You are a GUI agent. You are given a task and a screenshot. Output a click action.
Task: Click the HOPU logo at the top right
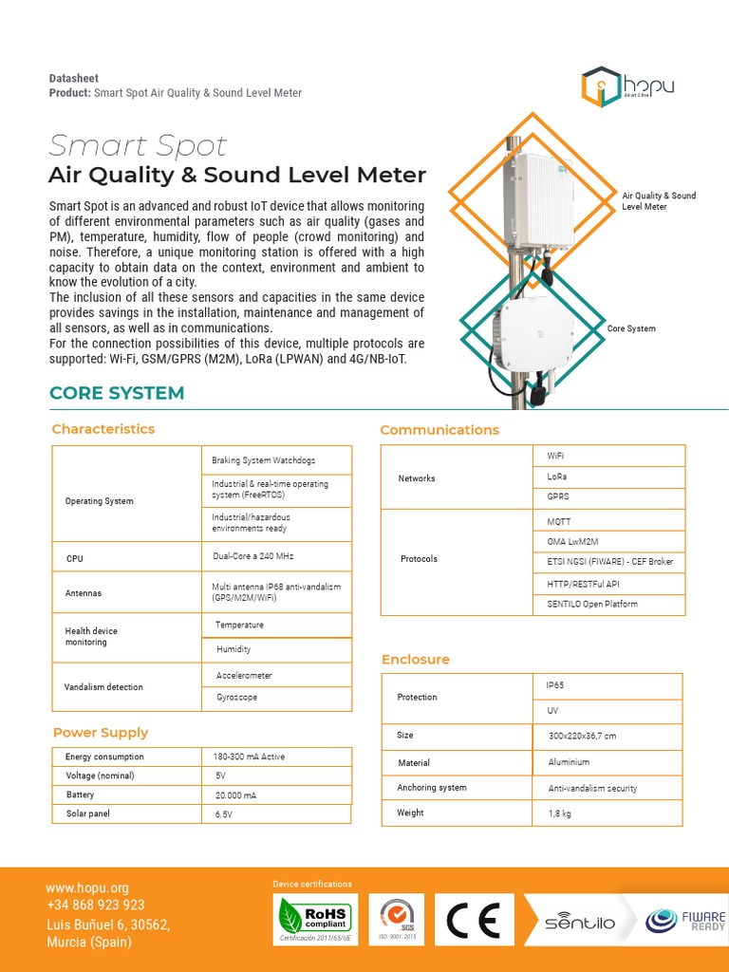click(x=627, y=86)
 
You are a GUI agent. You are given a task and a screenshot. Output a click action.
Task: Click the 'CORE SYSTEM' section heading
click(x=117, y=393)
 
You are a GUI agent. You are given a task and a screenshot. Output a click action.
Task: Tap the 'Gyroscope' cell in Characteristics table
click(x=236, y=698)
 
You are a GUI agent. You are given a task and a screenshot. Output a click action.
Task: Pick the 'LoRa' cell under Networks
click(x=557, y=477)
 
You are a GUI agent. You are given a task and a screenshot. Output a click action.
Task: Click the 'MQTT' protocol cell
click(x=559, y=522)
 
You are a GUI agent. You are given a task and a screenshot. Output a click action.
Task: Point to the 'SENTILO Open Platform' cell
click(x=592, y=605)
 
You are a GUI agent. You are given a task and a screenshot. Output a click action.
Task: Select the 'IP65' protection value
click(x=555, y=685)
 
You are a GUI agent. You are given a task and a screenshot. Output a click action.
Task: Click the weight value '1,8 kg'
click(x=560, y=813)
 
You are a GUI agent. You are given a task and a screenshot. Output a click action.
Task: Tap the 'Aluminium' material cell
click(x=569, y=762)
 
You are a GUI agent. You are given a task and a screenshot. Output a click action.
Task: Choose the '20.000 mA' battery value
click(x=236, y=795)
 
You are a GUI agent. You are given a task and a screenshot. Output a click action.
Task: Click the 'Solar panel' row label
click(x=88, y=814)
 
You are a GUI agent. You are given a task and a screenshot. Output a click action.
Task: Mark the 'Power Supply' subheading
click(x=101, y=733)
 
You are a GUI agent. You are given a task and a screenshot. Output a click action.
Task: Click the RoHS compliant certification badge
click(x=313, y=920)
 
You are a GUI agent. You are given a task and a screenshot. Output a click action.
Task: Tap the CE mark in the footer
click(x=475, y=920)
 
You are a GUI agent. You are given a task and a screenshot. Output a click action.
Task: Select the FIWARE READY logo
click(x=685, y=921)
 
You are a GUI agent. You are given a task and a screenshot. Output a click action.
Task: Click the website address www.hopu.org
click(x=87, y=888)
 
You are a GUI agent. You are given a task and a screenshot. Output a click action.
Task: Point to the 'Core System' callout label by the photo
click(x=631, y=329)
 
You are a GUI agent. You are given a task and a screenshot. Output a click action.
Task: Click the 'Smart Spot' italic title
click(x=138, y=146)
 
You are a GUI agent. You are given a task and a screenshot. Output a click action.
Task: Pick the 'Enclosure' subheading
click(x=416, y=660)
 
